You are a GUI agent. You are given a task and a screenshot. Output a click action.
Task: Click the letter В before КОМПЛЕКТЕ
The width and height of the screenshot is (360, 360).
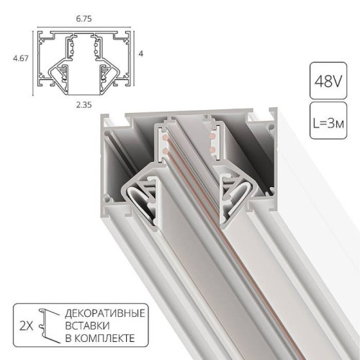pyautogui.click(x=69, y=338)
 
